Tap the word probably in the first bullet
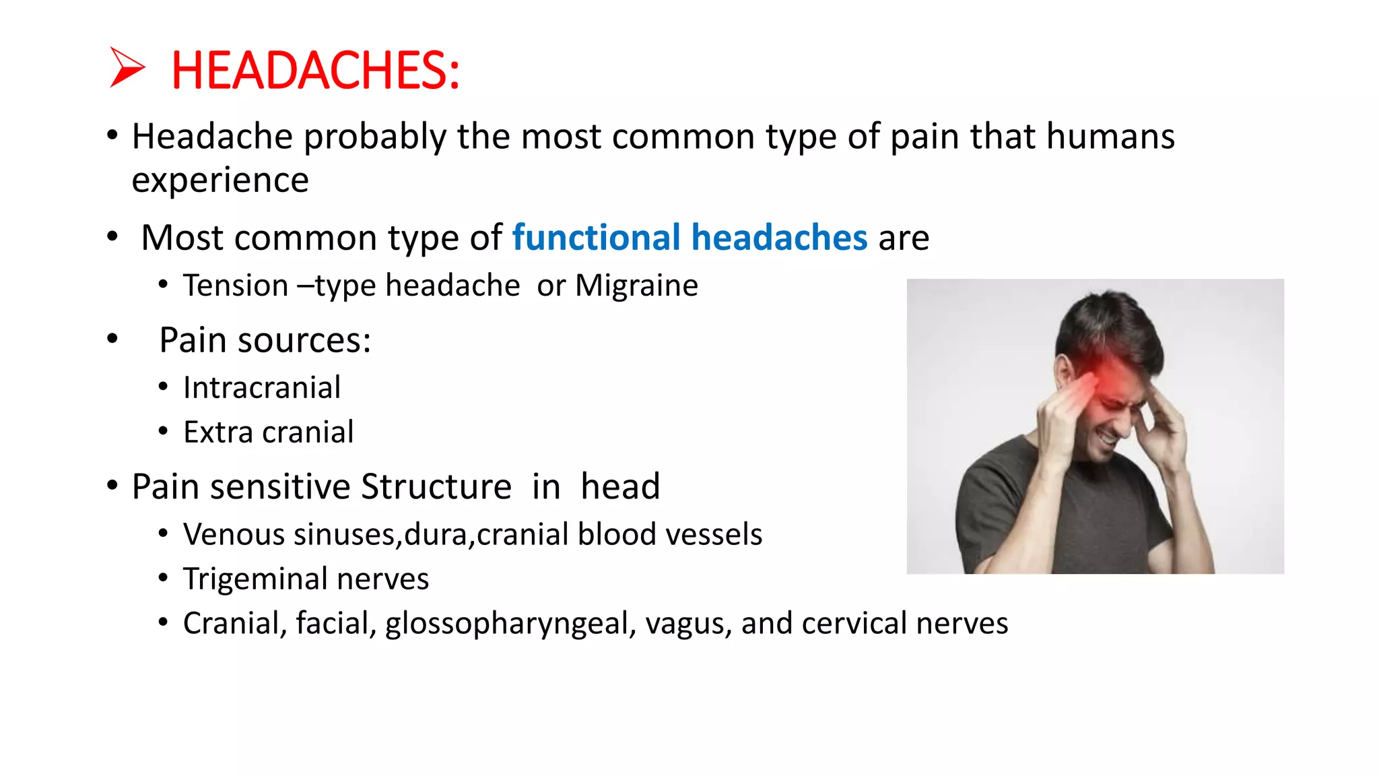point(374,137)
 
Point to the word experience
point(220,180)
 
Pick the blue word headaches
point(779,238)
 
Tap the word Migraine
point(636,286)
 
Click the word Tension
point(236,286)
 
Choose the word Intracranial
point(262,388)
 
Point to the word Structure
point(436,487)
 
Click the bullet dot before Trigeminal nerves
point(163,578)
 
